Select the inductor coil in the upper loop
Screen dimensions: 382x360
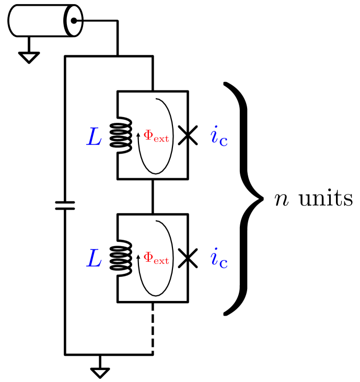(121, 135)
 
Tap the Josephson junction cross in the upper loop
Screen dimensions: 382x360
(188, 136)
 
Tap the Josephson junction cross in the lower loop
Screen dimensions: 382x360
(188, 258)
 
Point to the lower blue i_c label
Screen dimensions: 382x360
(219, 258)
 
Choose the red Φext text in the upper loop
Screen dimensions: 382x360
(156, 136)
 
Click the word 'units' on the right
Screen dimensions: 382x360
(325, 199)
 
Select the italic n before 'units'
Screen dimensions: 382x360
(282, 200)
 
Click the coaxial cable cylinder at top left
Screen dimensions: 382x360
(42, 21)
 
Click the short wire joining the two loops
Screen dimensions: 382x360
(153, 196)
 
